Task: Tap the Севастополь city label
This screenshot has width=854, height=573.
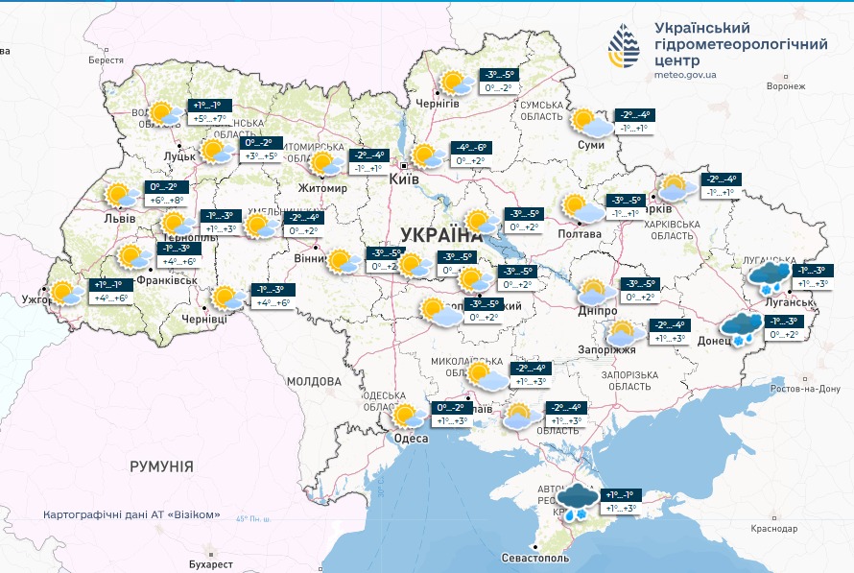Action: (535, 558)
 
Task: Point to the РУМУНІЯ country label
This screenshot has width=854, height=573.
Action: (161, 466)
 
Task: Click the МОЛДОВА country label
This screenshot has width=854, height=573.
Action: (313, 381)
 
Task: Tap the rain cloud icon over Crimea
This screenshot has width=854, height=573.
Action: (577, 500)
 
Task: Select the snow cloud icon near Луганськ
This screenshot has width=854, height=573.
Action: (771, 278)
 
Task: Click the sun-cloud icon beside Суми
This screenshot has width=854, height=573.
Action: (589, 122)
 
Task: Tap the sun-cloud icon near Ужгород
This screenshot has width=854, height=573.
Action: (66, 293)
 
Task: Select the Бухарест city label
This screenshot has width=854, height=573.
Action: (211, 564)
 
